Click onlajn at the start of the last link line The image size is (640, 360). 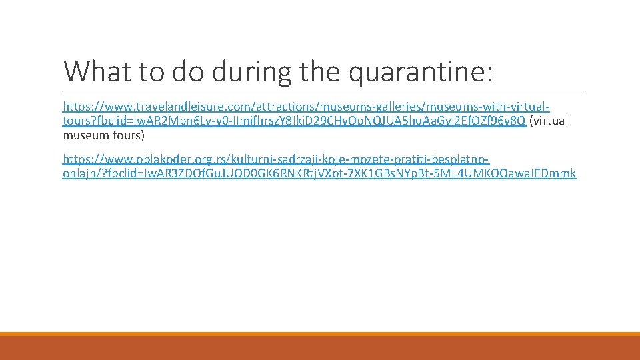(x=78, y=174)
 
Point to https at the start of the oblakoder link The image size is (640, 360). (x=75, y=160)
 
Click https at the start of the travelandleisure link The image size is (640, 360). (x=75, y=107)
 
